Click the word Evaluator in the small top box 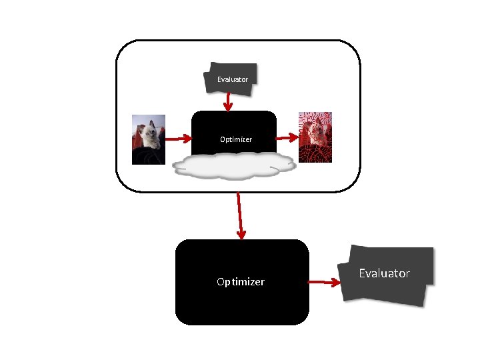tap(232, 79)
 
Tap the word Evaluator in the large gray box tap(384, 273)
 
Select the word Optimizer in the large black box tap(240, 282)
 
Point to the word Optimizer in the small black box tap(236, 139)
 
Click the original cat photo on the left tap(148, 139)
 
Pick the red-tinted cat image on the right tap(315, 137)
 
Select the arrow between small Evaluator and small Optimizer tap(228, 101)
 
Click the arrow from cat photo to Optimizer tap(178, 139)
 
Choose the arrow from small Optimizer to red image tap(287, 138)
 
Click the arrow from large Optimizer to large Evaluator tap(325, 282)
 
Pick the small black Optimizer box tap(233, 127)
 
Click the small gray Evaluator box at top tap(230, 71)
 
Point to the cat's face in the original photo tap(152, 131)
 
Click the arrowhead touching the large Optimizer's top tap(241, 234)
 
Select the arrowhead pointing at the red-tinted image tap(294, 137)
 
